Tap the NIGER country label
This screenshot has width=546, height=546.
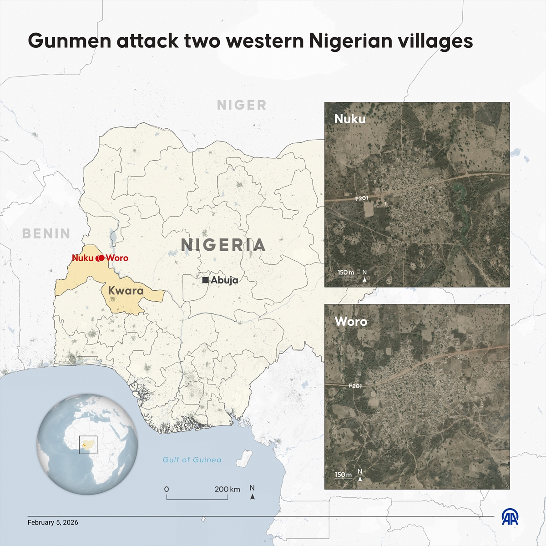pos(242,105)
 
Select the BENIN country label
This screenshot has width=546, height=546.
pos(46,234)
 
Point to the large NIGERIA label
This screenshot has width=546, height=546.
pos(223,245)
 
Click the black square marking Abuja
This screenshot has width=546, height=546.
pos(206,280)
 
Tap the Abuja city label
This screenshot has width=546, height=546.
pos(224,280)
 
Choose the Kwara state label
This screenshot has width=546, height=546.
pos(126,291)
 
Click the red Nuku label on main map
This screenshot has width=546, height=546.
pos(82,258)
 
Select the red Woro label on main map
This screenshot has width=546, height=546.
pos(117,258)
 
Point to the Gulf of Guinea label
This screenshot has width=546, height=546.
pos(192,460)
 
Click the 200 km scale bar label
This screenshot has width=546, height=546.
pos(227,489)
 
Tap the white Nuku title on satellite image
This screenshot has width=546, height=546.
pos(350,119)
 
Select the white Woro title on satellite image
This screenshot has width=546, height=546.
pos(351,321)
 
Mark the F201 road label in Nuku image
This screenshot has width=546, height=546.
pos(362,198)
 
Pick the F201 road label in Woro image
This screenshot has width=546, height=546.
pos(355,386)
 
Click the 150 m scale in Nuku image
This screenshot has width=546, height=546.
pos(346,273)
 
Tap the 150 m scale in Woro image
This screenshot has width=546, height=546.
pos(344,475)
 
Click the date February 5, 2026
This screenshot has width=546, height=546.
pos(53,522)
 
